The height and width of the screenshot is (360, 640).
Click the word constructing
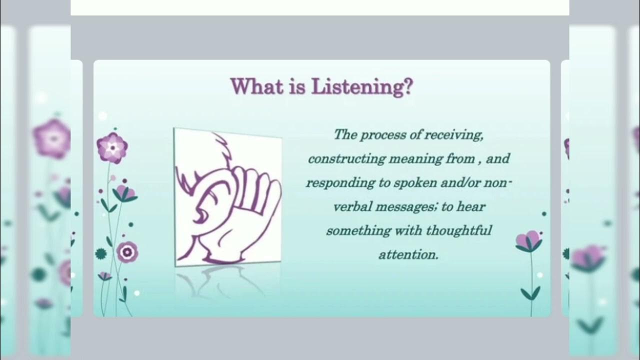(346, 159)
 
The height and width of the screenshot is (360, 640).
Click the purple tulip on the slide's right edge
(528, 241)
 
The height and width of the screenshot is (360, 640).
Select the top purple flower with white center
(112, 147)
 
